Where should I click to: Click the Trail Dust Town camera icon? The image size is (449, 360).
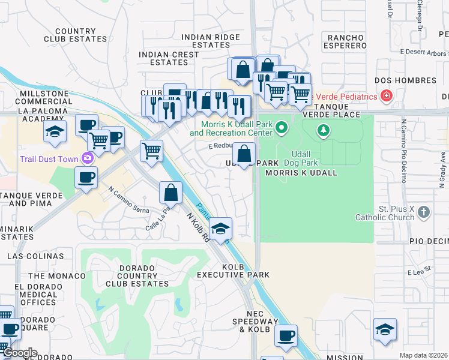pyautogui.click(x=88, y=158)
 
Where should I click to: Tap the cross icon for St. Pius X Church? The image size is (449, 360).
pyautogui.click(x=424, y=212)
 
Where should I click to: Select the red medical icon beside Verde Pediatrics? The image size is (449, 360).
pyautogui.click(x=387, y=96)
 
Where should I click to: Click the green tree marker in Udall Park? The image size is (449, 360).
pyautogui.click(x=324, y=130)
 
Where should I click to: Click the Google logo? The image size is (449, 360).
pyautogui.click(x=19, y=353)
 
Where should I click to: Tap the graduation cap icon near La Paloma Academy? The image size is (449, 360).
pyautogui.click(x=55, y=131)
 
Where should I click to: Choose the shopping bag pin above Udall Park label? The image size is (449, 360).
pyautogui.click(x=244, y=154)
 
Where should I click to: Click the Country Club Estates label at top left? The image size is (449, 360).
pyautogui.click(x=75, y=35)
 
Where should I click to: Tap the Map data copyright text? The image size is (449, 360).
pyautogui.click(x=423, y=355)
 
